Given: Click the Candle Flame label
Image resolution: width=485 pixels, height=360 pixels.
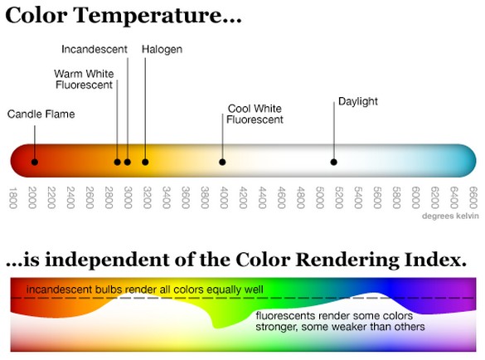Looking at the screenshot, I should pyautogui.click(x=41, y=114).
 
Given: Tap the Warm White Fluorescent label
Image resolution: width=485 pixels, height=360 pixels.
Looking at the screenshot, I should pyautogui.click(x=84, y=79).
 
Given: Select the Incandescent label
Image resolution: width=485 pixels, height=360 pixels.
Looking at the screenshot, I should pyautogui.click(x=95, y=50).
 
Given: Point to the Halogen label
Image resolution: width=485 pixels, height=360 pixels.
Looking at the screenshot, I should pyautogui.click(x=162, y=50).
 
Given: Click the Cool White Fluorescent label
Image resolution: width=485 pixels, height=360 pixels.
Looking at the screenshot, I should pyautogui.click(x=255, y=114).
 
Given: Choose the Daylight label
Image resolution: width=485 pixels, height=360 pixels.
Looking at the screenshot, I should pyautogui.click(x=357, y=102).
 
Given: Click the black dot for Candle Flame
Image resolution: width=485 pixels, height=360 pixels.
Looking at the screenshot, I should pyautogui.click(x=34, y=162).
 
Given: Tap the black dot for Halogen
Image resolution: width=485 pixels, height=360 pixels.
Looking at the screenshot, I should pyautogui.click(x=145, y=162).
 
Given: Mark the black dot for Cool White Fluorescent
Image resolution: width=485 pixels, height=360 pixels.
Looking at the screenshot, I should pyautogui.click(x=222, y=162).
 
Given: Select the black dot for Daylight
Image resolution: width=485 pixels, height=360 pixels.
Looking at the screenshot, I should pyautogui.click(x=334, y=162).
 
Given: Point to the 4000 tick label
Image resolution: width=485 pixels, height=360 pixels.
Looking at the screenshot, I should pyautogui.click(x=224, y=198).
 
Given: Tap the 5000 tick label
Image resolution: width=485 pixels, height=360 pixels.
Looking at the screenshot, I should pyautogui.click(x=320, y=198).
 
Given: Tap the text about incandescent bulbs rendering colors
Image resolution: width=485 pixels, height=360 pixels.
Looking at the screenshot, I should pyautogui.click(x=145, y=289).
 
